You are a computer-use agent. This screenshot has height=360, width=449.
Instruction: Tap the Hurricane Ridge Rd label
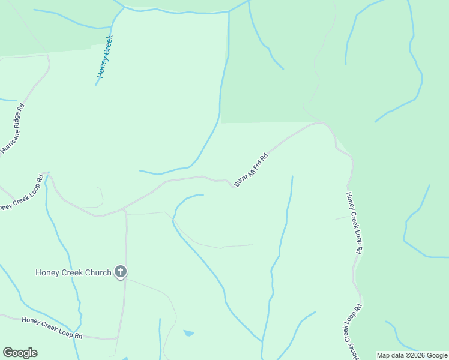point(13,129)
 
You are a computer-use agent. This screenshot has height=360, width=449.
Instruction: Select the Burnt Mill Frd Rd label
point(251,169)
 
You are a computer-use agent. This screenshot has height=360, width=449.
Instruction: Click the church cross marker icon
point(121,272)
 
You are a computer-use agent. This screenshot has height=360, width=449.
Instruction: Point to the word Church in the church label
point(97,272)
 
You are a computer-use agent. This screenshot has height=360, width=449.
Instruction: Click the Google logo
point(20,353)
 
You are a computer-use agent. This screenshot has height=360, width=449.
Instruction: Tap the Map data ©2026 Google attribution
point(412,355)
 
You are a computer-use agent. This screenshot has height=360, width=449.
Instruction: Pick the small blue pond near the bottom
point(188,332)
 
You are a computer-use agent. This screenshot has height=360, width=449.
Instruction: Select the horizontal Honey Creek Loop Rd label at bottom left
point(52,328)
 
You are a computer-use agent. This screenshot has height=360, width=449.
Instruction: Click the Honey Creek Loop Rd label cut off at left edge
point(21,193)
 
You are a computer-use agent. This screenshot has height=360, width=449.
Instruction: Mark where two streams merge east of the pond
point(262,342)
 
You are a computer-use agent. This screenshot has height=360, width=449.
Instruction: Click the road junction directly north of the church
point(124,210)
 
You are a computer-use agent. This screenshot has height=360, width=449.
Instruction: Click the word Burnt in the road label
point(242,178)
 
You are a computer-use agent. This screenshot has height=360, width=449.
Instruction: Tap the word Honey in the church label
point(47,272)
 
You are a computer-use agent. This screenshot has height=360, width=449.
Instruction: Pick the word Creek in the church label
point(70,272)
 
